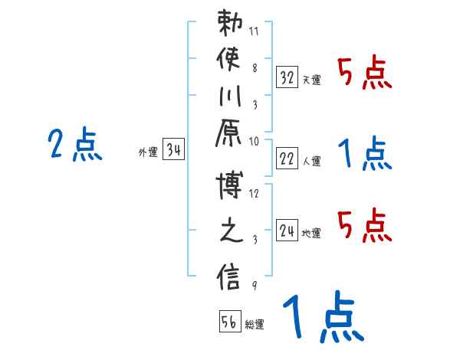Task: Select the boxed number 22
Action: [287, 159]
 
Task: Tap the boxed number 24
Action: [287, 231]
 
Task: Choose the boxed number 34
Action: [173, 150]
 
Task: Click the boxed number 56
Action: [229, 322]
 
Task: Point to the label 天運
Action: [311, 80]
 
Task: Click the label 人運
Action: [311, 161]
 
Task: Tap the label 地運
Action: [311, 234]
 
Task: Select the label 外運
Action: [147, 152]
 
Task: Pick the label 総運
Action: [255, 325]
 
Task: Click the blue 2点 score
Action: [74, 145]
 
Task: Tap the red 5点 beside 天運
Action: [365, 73]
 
